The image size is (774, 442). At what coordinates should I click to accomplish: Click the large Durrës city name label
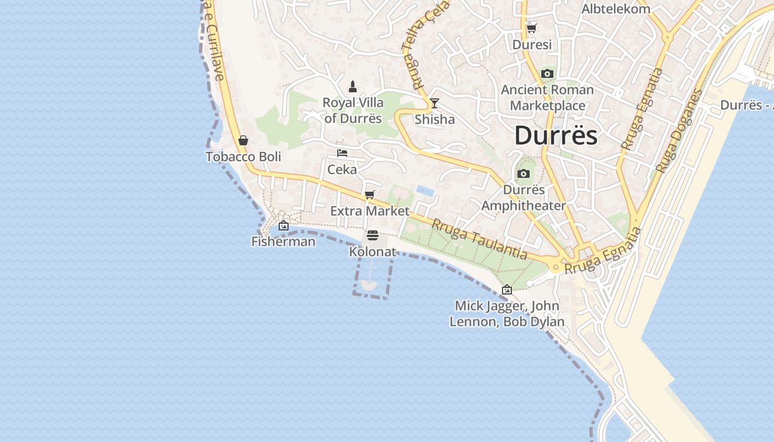[x=556, y=136]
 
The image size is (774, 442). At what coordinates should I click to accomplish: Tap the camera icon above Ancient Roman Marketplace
[x=547, y=74]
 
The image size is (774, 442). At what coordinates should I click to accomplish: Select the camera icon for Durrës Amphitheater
[x=523, y=174]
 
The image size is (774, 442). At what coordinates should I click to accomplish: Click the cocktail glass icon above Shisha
[x=435, y=103]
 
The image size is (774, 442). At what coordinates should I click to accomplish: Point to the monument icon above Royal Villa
[x=353, y=87]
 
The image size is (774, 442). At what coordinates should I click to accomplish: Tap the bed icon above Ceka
[x=342, y=153]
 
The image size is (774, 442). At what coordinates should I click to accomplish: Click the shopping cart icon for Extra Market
[x=369, y=194]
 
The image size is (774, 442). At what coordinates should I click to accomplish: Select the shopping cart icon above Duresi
[x=531, y=28]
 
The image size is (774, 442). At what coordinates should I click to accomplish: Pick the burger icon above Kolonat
[x=373, y=236]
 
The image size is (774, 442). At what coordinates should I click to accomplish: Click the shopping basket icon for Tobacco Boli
[x=243, y=140]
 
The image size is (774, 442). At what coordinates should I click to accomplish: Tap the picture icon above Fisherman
[x=284, y=225]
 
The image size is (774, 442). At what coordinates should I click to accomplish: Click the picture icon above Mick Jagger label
[x=506, y=290]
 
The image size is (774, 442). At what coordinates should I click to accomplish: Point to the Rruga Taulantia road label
[x=479, y=239]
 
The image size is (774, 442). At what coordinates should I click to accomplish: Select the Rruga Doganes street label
[x=678, y=131]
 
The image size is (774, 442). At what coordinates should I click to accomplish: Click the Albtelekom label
[x=615, y=9]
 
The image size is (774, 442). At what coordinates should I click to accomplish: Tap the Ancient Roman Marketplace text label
[x=547, y=97]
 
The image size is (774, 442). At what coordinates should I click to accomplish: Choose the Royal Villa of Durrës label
[x=353, y=110]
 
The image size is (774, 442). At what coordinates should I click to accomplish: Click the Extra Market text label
[x=370, y=211]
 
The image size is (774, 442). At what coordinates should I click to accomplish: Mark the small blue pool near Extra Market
[x=425, y=191]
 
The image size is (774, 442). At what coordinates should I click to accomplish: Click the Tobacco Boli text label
[x=243, y=157]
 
